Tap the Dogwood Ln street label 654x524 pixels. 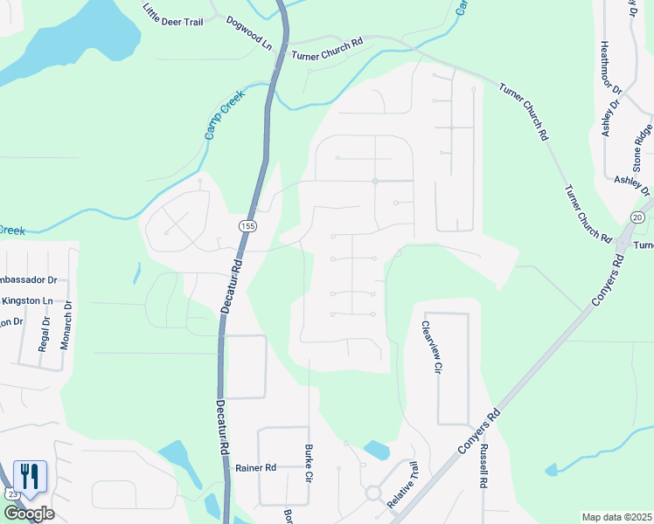click(249, 31)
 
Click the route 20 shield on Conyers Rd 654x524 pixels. click(637, 217)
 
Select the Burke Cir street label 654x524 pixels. click(308, 464)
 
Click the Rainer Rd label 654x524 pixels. click(255, 468)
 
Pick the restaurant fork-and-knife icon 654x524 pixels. click(30, 477)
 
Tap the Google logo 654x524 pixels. click(28, 514)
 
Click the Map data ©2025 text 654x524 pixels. click(616, 517)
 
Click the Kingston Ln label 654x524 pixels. click(26, 301)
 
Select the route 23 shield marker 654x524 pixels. click(12, 493)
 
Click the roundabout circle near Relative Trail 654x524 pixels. click(373, 493)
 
